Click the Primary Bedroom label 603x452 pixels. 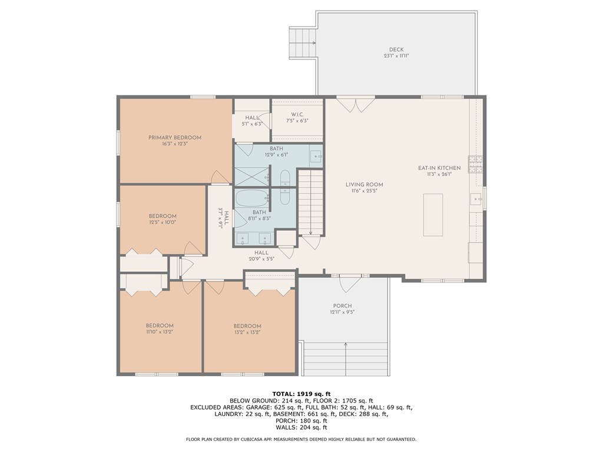(175, 138)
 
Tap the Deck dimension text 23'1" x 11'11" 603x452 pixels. (396, 56)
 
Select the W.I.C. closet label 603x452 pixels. (297, 114)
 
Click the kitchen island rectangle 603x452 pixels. (433, 215)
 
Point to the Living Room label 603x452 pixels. (365, 184)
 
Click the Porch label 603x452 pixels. (342, 306)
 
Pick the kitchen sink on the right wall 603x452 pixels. (476, 199)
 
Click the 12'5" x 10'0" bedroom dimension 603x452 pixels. (163, 222)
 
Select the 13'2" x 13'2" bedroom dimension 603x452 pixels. (247, 332)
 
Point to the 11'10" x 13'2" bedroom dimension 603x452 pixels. (160, 332)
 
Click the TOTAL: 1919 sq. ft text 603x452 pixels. (301, 394)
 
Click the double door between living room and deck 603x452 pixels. (355, 104)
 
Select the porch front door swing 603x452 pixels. (350, 282)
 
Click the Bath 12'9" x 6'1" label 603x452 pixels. (276, 151)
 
